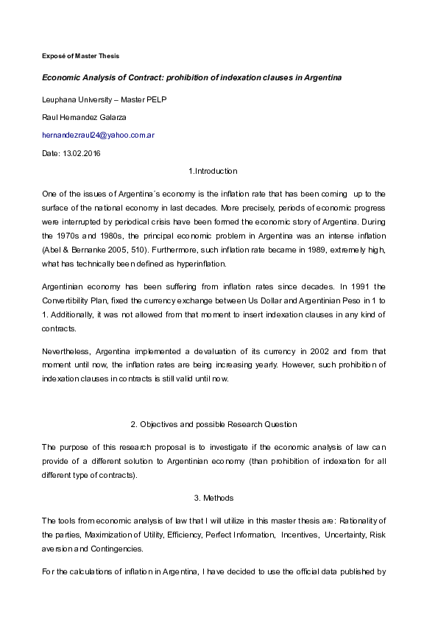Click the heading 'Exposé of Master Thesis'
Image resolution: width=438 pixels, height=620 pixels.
pyautogui.click(x=80, y=56)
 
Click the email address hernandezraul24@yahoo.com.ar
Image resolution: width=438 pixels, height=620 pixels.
pyautogui.click(x=98, y=135)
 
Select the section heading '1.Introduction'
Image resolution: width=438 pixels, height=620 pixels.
pyautogui.click(x=213, y=171)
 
